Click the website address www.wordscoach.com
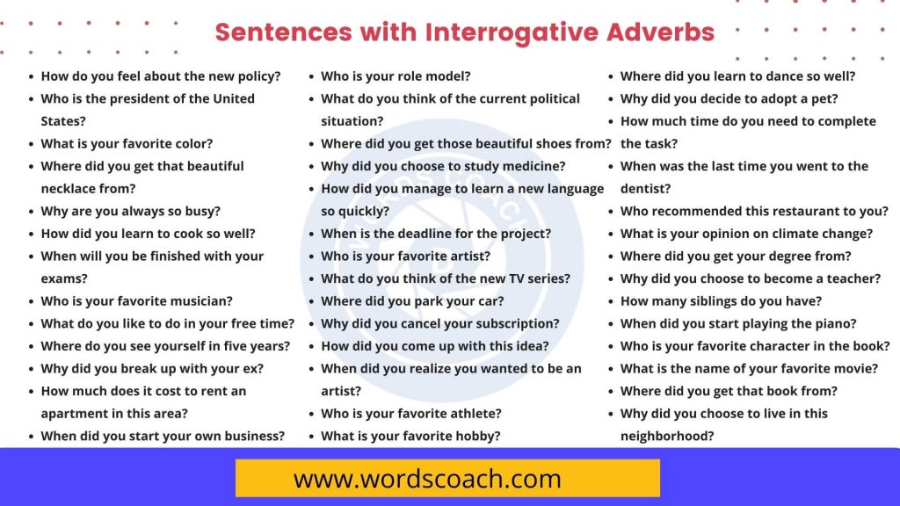427,479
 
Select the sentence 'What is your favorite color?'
127,143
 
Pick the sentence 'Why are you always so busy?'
130,211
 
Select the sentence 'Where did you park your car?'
412,300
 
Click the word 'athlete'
472,413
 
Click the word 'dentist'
645,188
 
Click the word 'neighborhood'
666,436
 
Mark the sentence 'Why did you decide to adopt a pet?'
729,98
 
